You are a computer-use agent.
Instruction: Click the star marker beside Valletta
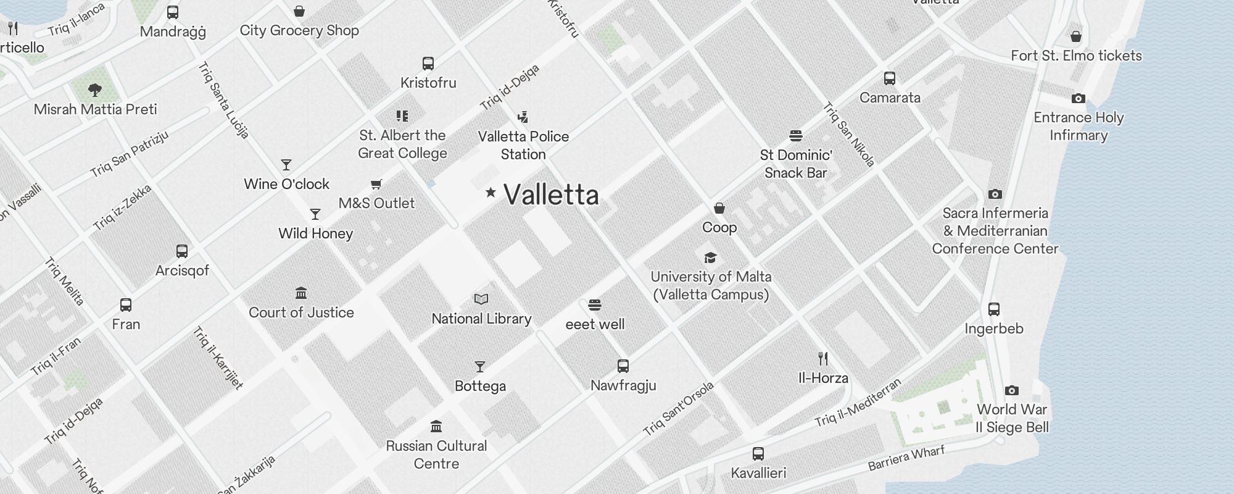coord(491,193)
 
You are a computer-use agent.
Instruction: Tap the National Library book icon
coord(481,299)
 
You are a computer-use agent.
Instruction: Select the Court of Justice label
coord(301,312)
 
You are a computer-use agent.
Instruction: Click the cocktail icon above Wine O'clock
coord(286,165)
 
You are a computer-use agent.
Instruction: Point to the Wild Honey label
coord(315,233)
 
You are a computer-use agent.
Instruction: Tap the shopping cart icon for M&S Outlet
coord(376,184)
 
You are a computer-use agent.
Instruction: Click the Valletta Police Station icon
coord(523,117)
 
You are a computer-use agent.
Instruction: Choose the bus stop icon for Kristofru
coord(428,63)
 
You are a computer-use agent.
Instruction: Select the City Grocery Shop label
coord(299,30)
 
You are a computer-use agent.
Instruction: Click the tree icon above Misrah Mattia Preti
coord(95,90)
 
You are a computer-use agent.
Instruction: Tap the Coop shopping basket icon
coord(719,208)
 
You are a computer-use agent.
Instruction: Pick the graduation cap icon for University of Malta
coord(711,257)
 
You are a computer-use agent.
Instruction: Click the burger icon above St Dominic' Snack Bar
coord(796,136)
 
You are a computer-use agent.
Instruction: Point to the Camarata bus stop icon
coord(890,78)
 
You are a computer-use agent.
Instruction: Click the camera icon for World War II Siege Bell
coord(1012,390)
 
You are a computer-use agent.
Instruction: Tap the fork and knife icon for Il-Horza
coord(823,359)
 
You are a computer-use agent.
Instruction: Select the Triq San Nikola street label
coord(849,135)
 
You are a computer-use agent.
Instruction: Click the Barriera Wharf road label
coord(906,458)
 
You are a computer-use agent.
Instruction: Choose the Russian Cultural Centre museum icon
coord(437,427)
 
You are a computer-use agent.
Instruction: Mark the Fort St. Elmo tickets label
coord(1076,56)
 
